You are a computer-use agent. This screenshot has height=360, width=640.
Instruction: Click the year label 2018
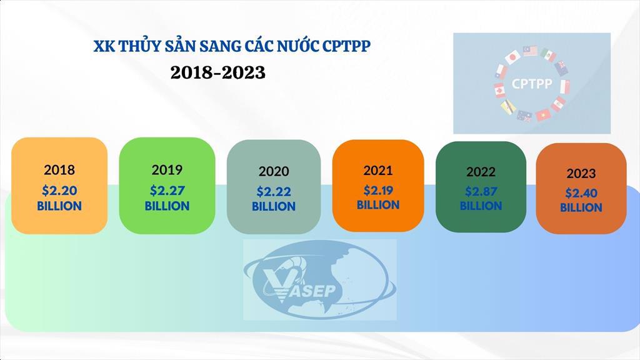(x=59, y=169)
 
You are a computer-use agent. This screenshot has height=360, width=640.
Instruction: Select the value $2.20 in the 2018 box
(x=59, y=191)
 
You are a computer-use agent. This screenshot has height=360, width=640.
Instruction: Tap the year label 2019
(x=167, y=169)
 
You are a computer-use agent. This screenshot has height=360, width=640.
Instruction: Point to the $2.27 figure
(x=167, y=191)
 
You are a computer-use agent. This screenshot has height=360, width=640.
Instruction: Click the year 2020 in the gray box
(x=274, y=171)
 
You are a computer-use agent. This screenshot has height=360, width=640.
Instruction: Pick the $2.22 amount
(x=274, y=192)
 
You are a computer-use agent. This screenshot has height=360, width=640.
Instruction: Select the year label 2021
(x=378, y=169)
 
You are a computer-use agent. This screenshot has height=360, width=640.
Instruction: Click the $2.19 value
(x=378, y=190)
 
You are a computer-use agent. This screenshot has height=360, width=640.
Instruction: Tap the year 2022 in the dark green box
(x=481, y=171)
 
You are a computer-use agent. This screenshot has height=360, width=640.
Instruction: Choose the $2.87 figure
(x=481, y=191)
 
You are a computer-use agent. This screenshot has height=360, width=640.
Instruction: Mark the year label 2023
(x=581, y=173)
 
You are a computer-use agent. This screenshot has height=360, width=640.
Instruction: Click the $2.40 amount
(x=581, y=193)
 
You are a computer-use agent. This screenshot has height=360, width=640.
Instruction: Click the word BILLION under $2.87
(x=481, y=206)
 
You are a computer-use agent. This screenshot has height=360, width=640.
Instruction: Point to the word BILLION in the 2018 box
(x=59, y=206)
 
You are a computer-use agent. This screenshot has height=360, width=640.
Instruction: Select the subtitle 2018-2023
(x=218, y=72)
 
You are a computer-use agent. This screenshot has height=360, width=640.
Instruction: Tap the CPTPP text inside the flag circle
(x=531, y=83)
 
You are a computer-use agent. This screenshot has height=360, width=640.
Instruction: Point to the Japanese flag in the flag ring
(x=512, y=57)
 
